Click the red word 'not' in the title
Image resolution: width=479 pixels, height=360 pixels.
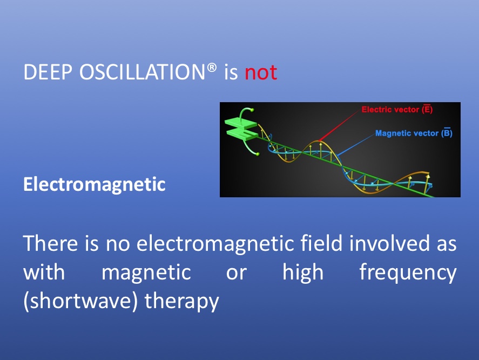261,73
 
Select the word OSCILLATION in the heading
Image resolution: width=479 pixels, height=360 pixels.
142,72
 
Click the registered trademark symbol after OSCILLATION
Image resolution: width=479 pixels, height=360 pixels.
212,68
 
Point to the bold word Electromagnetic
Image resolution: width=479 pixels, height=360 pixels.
95,184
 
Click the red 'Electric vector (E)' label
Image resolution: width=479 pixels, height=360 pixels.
397,109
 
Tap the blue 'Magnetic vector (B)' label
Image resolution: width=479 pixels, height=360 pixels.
414,133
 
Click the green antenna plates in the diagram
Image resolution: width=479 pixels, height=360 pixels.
241,129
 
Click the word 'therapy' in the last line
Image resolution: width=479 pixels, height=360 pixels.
182,302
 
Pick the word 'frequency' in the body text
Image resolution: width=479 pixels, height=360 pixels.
408,273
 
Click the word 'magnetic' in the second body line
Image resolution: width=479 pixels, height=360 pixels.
146,272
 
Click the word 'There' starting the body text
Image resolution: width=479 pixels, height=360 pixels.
50,243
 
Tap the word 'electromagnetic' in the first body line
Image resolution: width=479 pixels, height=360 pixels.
215,244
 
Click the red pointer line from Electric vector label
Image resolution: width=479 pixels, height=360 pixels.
339,126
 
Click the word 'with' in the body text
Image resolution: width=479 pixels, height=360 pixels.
44,272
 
